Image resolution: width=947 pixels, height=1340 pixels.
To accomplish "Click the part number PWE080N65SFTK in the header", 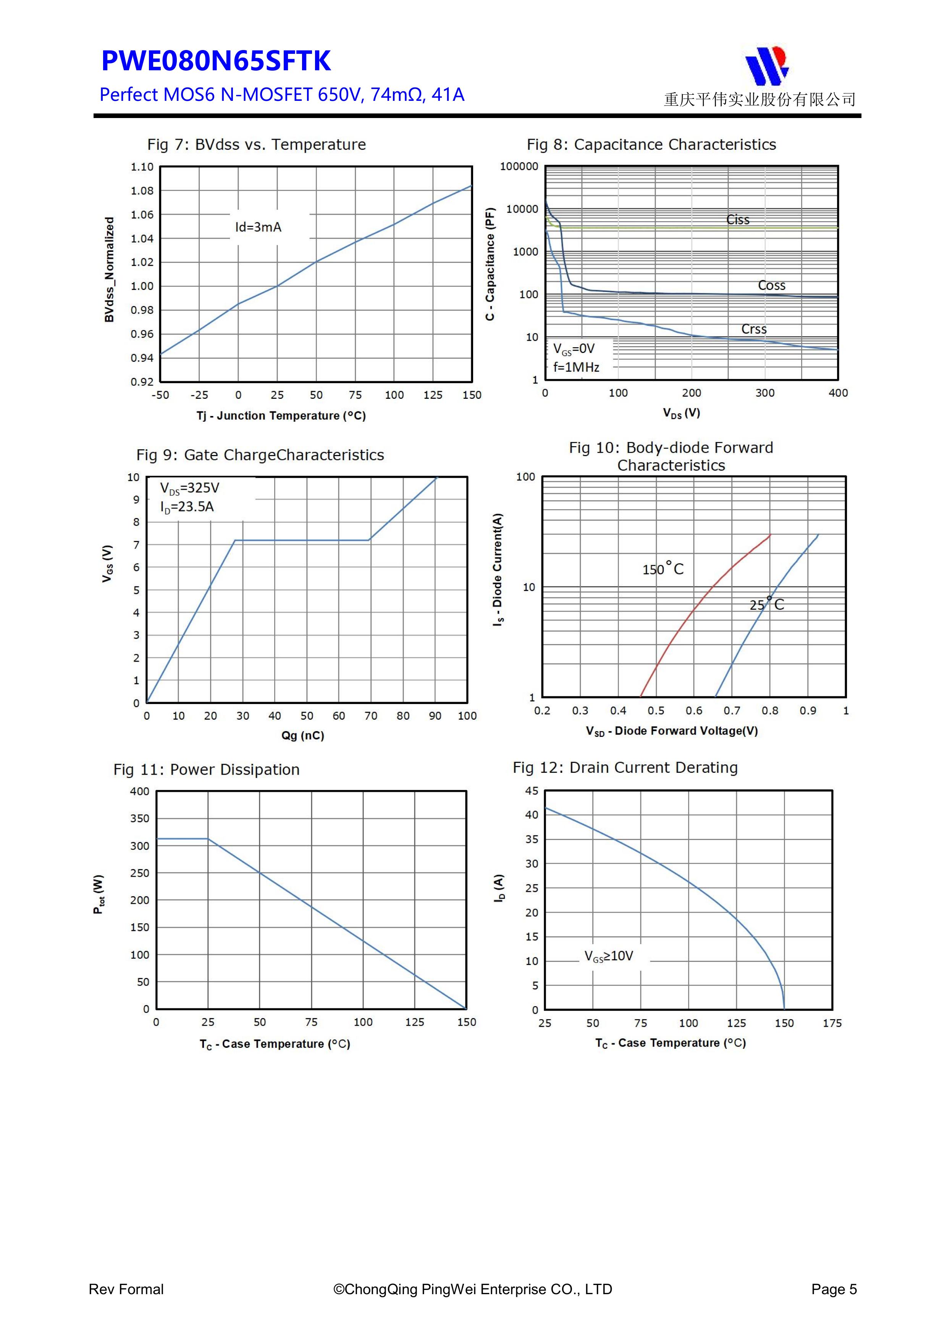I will click(x=216, y=61).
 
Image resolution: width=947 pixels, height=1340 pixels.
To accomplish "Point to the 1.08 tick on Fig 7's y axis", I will click(x=142, y=191).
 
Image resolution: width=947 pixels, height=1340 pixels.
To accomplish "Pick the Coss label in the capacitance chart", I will click(x=771, y=285).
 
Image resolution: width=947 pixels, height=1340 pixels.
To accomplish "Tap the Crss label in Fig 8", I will click(x=754, y=329).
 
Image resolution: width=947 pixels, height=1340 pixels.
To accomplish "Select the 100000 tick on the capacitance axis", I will click(x=519, y=166).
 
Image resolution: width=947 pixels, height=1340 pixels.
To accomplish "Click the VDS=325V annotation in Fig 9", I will click(x=190, y=488).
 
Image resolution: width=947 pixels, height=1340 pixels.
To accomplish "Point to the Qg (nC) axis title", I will click(x=302, y=735).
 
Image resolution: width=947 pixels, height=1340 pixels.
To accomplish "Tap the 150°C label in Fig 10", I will click(x=663, y=569).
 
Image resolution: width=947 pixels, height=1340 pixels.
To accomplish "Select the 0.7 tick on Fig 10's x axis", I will click(x=732, y=711).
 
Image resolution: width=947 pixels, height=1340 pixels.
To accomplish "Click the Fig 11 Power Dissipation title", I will click(x=207, y=769).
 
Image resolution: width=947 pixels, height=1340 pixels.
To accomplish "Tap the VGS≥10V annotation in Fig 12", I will click(x=609, y=955).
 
